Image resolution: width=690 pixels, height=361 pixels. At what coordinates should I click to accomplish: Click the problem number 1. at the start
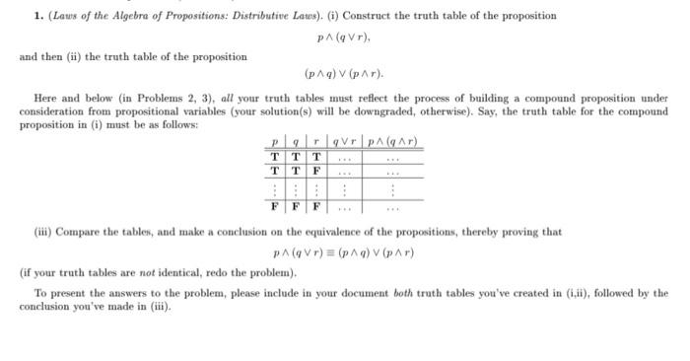(25, 16)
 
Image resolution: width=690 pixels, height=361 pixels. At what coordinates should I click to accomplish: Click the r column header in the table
(315, 143)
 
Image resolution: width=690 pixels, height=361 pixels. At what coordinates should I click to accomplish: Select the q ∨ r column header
(344, 143)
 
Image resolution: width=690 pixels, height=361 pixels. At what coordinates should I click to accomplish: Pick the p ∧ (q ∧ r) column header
(392, 143)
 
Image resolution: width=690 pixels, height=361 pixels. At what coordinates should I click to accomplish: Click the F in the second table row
(315, 170)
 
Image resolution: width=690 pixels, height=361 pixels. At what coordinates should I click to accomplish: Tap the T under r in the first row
(315, 157)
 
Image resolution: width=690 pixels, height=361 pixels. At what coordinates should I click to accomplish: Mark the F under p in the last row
(274, 208)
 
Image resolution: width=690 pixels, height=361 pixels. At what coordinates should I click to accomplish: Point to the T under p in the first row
(274, 157)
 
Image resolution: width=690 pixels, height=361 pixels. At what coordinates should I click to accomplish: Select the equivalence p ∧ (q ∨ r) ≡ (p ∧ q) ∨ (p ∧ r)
(343, 253)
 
